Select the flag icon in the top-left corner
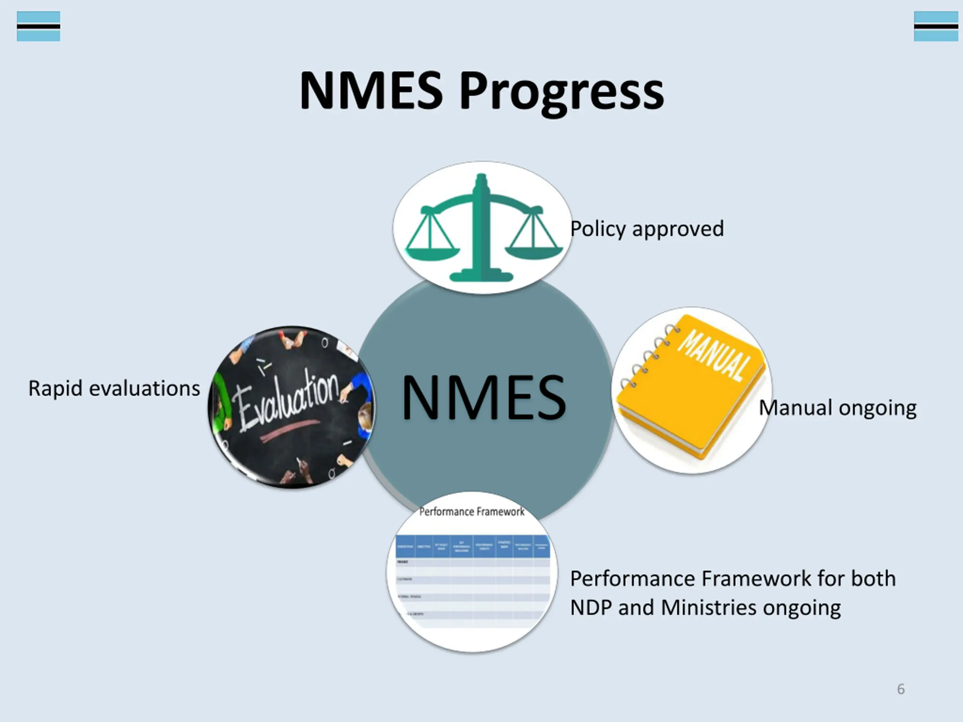(38, 26)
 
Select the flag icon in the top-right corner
(936, 26)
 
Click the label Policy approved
(647, 229)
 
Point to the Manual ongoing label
(838, 408)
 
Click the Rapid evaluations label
(114, 388)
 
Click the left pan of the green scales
(432, 253)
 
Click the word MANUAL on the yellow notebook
(714, 355)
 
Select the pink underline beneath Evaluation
(290, 430)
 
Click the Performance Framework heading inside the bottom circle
(471, 512)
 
